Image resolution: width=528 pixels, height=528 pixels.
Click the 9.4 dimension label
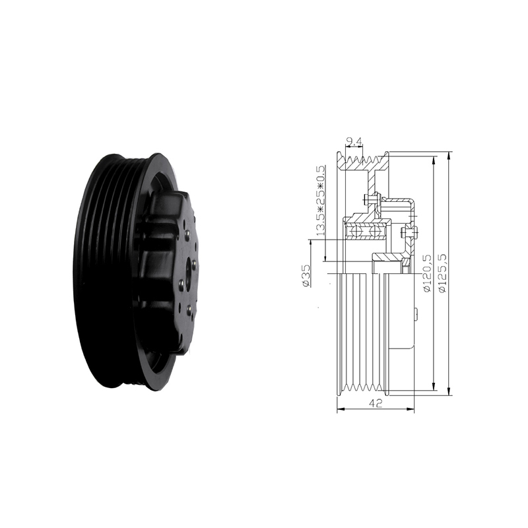point(355,142)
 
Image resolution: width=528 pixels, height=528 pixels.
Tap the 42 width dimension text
point(376,403)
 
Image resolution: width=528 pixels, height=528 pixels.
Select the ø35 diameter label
point(306,275)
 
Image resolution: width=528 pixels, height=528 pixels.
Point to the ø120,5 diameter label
point(427,273)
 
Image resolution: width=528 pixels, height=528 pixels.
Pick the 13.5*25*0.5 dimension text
point(321,200)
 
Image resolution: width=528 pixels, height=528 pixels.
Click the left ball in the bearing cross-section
point(356,232)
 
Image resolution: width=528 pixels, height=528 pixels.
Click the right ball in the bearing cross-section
point(374,232)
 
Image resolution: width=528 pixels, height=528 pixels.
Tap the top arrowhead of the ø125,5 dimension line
point(449,156)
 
